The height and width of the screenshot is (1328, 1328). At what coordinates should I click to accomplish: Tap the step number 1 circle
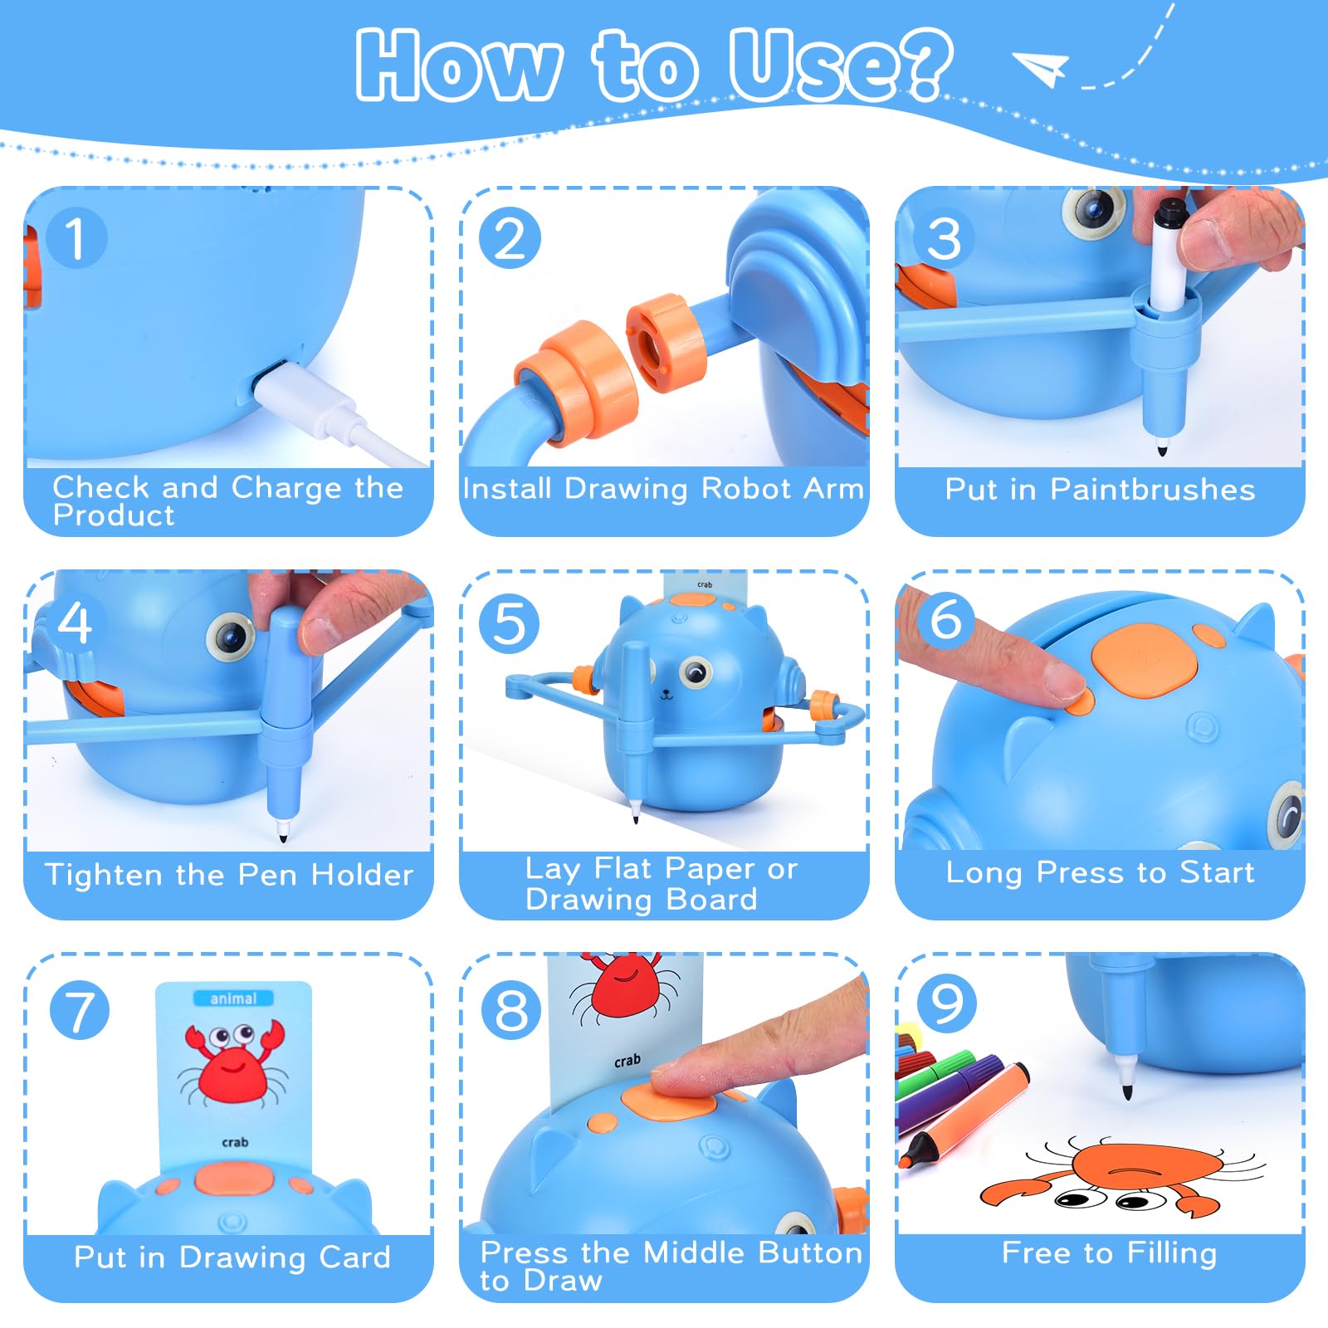[76, 237]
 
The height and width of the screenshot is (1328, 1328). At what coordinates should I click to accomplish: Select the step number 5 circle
[510, 624]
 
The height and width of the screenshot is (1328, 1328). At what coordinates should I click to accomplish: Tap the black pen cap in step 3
[1171, 212]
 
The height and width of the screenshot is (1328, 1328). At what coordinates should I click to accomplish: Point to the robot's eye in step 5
[696, 672]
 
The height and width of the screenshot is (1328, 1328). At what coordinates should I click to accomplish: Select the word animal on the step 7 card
[233, 998]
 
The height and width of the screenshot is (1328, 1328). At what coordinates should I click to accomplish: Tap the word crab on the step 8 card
[627, 1061]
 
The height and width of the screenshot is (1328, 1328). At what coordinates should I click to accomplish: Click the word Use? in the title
[840, 65]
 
